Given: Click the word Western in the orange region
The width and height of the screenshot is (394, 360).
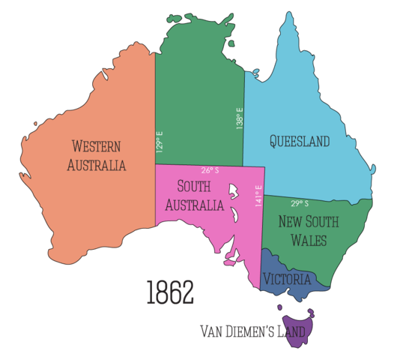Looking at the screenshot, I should coord(97,146).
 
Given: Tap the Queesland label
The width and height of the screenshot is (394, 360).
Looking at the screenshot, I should coord(300,140).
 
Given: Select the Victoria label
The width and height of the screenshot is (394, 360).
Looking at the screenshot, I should coord(286,279).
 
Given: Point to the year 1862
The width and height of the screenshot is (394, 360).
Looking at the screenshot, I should coord(170,292).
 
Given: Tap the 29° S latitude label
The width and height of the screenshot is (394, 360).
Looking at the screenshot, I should coord(300,203).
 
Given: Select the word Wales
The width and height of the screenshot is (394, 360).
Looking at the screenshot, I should coord(308,240).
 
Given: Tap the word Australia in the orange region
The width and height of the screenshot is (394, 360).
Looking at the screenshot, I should coord(97,165).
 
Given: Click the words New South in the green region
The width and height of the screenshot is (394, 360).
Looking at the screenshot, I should coord(308,222).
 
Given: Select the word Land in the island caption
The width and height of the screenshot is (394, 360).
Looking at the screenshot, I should coord(290,331).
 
